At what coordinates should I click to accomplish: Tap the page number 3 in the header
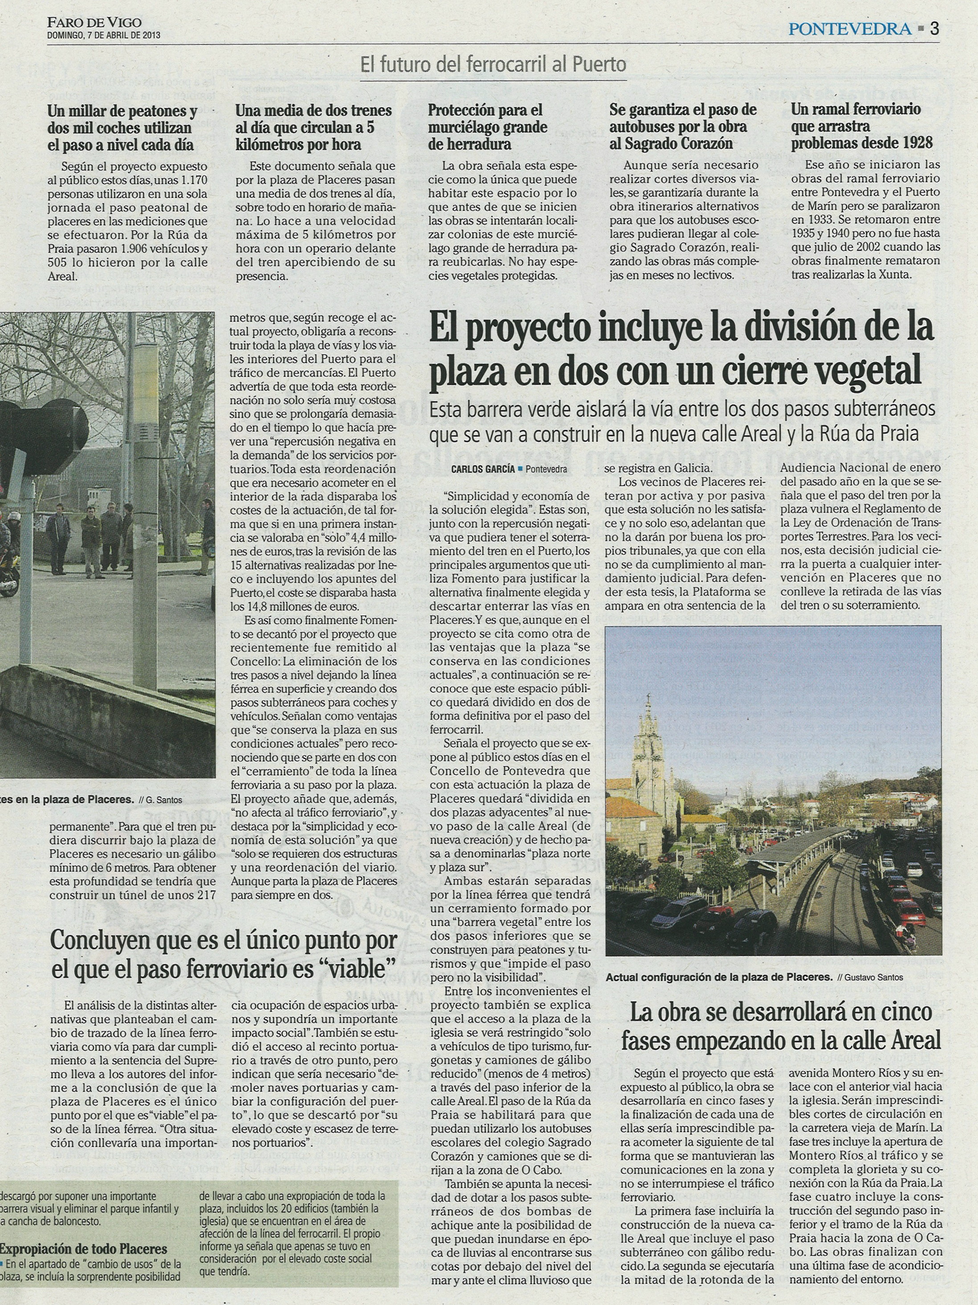[x=934, y=28]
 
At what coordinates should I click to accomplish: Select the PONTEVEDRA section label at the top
[x=850, y=28]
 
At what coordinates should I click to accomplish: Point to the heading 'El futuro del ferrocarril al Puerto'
[x=493, y=64]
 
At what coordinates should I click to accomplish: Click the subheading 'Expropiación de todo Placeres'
[x=83, y=1248]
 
